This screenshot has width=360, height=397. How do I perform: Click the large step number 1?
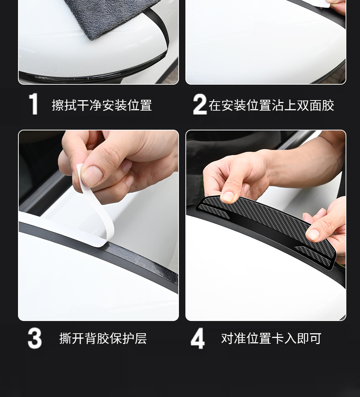33,104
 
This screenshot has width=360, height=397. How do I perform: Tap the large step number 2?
200,104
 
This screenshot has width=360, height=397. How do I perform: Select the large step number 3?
35,338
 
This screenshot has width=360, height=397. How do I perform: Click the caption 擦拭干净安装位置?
102,105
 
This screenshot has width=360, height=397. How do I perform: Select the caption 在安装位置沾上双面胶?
271,105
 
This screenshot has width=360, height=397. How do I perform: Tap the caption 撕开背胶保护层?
103,338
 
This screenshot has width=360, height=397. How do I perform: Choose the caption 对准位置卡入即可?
271,338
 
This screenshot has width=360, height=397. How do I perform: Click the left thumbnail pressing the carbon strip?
229,196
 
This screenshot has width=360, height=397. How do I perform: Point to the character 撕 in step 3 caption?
65,338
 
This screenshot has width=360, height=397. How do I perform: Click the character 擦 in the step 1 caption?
58,105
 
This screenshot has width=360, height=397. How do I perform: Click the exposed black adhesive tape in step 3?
142,261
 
